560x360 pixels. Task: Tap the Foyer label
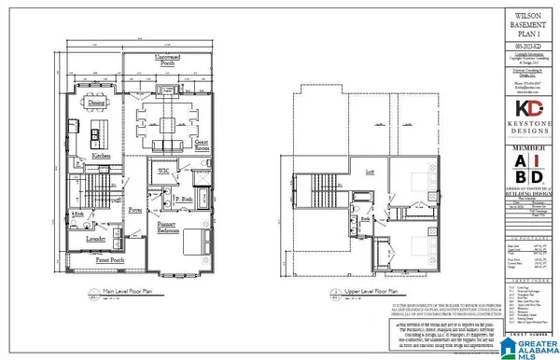point(134,211)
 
